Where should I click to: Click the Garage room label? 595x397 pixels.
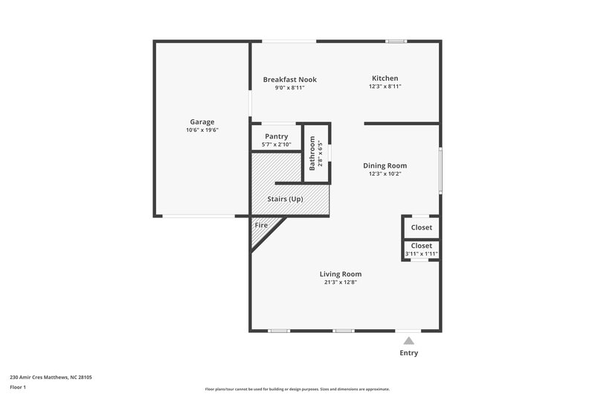tap(202, 121)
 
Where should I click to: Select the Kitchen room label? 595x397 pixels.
tap(385, 78)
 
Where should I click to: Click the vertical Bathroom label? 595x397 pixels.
tap(312, 153)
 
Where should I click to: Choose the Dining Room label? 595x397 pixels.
tap(385, 165)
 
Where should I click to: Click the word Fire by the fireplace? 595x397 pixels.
tap(261, 225)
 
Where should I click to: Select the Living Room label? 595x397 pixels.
tap(341, 274)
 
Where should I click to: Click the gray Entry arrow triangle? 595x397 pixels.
tap(408, 340)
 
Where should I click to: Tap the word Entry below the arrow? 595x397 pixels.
tap(409, 353)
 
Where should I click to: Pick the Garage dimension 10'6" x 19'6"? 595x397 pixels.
tap(202, 130)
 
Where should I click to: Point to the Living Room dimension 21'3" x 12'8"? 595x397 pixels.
tap(341, 283)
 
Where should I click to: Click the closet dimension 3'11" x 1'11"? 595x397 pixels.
tap(421, 254)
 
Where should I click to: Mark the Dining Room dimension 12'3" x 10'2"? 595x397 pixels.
tap(385, 174)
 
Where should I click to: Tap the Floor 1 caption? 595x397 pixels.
tap(19, 388)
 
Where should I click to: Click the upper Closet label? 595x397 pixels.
tap(421, 227)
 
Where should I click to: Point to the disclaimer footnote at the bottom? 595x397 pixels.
tap(297, 389)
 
